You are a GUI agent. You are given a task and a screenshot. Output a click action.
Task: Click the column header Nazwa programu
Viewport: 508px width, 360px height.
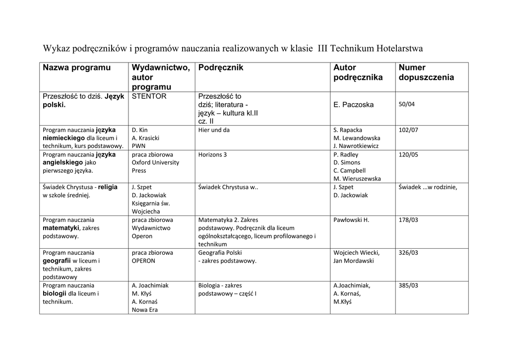click(x=76, y=68)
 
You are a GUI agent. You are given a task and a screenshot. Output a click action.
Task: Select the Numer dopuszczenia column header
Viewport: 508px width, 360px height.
click(x=426, y=72)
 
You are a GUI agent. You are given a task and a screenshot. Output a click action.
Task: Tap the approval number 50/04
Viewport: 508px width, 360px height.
click(x=407, y=104)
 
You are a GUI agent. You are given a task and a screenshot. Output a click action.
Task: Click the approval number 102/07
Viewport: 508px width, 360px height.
click(x=408, y=130)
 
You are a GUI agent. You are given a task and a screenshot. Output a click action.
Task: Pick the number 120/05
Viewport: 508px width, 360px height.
click(x=408, y=154)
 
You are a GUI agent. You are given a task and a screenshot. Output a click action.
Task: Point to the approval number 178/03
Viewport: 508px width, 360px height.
click(x=408, y=219)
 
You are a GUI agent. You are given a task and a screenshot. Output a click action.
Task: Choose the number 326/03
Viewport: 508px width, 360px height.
click(x=408, y=252)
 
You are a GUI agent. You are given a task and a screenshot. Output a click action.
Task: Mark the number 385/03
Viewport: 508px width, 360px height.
click(x=408, y=286)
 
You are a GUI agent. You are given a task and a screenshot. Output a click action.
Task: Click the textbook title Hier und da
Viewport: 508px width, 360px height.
click(x=214, y=130)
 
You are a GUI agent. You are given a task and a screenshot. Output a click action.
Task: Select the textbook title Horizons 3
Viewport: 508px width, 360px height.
click(x=212, y=154)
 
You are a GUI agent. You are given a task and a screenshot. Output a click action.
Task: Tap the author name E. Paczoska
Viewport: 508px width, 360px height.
click(x=354, y=105)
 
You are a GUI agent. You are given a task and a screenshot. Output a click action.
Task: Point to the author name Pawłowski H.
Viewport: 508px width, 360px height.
click(x=351, y=219)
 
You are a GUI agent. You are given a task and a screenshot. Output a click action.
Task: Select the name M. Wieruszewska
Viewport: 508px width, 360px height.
click(x=357, y=179)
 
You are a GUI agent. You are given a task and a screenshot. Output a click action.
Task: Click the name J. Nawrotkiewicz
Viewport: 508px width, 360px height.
click(x=356, y=146)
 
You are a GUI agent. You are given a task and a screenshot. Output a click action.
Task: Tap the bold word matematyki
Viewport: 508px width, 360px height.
click(x=61, y=228)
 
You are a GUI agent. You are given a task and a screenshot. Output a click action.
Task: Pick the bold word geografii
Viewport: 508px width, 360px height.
click(x=57, y=261)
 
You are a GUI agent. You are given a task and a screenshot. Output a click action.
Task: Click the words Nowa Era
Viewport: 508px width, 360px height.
click(x=145, y=310)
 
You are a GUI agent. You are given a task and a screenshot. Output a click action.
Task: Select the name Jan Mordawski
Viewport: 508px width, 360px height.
click(x=354, y=261)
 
